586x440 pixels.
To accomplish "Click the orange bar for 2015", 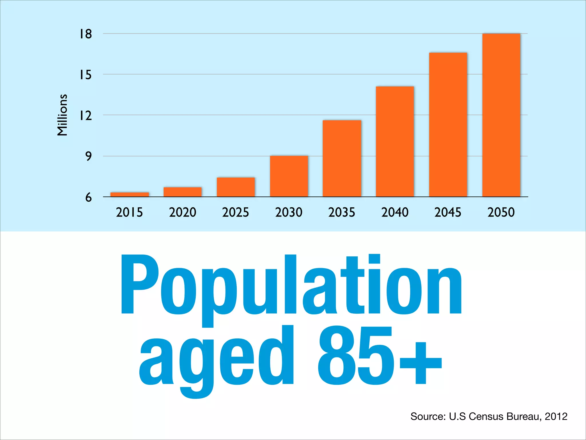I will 130,195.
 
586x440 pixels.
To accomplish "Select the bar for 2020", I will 183,192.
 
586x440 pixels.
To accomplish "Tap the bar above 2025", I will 236,187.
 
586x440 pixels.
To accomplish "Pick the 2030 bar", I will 289,176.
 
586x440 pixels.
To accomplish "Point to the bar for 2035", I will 342,158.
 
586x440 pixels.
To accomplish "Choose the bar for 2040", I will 395,142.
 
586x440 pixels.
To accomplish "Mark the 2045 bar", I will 448,125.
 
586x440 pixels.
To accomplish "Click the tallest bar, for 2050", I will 501,115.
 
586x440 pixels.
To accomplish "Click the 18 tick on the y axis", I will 86,34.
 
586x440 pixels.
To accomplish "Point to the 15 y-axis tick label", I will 86,75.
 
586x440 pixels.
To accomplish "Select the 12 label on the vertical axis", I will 86,116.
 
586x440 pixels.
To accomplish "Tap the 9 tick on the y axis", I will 88,156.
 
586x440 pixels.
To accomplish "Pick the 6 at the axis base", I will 88,197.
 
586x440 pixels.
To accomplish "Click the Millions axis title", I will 62,115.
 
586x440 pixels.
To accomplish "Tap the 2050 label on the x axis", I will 501,212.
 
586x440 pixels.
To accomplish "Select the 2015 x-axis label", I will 129,212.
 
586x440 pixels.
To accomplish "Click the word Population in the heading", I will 291,286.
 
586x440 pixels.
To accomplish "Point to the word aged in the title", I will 216,358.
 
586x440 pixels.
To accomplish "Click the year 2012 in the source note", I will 556,416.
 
